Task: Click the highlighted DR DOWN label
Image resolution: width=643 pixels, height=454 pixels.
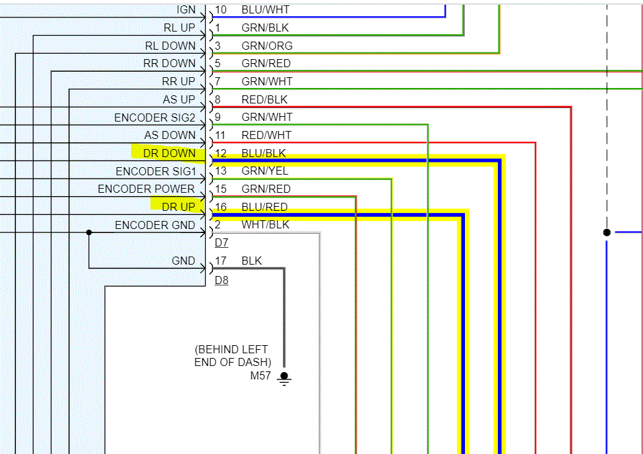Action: [x=169, y=153]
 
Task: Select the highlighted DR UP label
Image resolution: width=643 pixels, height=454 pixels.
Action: [x=178, y=207]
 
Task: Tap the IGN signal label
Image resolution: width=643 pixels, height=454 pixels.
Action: [x=186, y=10]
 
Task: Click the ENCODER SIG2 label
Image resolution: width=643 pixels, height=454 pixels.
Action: [x=155, y=118]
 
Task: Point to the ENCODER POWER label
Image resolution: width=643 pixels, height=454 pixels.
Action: [x=146, y=189]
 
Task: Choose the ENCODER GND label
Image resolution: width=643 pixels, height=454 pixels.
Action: [x=155, y=225]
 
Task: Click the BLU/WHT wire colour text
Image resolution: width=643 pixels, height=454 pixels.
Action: [x=266, y=10]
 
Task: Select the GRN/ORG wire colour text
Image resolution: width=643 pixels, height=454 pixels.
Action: [x=267, y=46]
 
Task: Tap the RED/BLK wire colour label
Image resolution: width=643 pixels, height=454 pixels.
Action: [x=264, y=99]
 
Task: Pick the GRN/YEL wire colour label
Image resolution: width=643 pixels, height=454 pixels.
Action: [x=265, y=171]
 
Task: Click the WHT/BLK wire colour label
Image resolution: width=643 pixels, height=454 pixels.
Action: [x=265, y=225]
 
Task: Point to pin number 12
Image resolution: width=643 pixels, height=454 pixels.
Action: [x=221, y=153]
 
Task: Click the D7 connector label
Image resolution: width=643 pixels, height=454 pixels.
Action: [x=222, y=243]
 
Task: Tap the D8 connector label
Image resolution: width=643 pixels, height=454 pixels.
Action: [x=222, y=280]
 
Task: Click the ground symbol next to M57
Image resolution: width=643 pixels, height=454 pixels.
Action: [x=284, y=379]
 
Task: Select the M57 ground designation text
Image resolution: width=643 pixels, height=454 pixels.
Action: [x=261, y=375]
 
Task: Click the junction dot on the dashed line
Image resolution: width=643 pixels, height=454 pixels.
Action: [x=607, y=232]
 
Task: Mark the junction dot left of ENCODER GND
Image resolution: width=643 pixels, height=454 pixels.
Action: [x=89, y=232]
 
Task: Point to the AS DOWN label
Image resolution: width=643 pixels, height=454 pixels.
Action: [x=170, y=135]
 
